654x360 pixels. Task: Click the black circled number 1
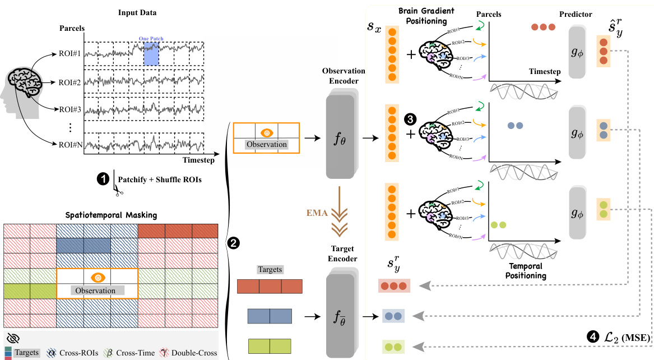click(103, 178)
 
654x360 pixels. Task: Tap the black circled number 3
click(410, 119)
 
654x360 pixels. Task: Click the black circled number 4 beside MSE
click(591, 337)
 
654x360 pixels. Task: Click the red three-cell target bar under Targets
click(270, 287)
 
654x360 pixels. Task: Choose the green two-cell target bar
click(270, 345)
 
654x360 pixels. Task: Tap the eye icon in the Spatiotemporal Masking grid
click(98, 277)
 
